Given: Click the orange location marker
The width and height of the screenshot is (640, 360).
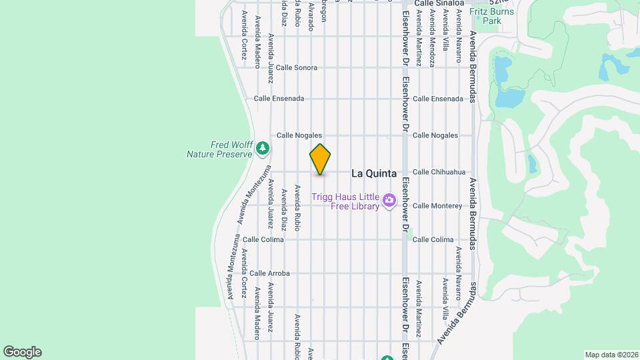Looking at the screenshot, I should (x=320, y=159).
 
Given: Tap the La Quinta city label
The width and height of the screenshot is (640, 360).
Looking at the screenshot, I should (x=373, y=173).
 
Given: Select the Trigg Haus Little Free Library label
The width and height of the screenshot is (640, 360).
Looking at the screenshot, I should (x=345, y=201).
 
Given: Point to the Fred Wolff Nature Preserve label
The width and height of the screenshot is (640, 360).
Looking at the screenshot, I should (x=219, y=149).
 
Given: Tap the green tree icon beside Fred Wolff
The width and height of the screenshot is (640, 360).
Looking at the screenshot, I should (x=263, y=147).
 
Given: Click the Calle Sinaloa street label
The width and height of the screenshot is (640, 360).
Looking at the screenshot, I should (x=438, y=3).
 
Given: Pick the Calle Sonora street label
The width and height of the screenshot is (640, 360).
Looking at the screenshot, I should (x=296, y=68).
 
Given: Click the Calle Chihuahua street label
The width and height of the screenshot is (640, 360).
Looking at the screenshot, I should (x=439, y=172).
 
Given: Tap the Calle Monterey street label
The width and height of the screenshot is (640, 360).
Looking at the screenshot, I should (x=437, y=206).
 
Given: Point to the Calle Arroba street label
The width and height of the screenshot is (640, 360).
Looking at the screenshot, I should (x=269, y=273).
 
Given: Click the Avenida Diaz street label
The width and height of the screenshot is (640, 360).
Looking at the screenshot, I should (x=284, y=209).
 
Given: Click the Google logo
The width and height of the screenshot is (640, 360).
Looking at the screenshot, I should (x=22, y=352).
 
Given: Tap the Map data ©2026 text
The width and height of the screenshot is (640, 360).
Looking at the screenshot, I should (x=611, y=355).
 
